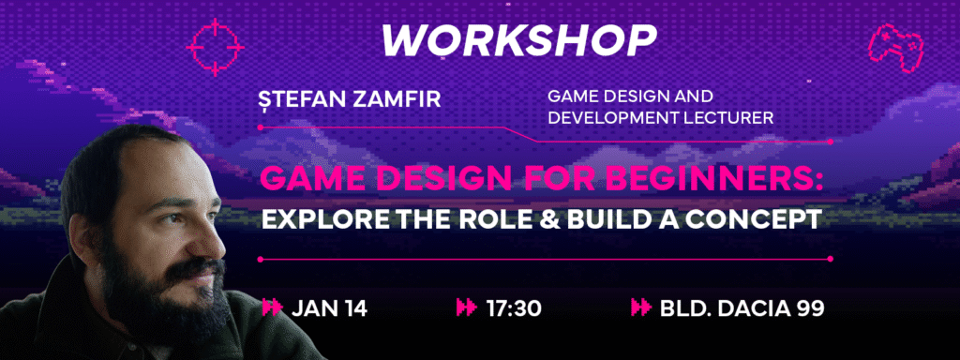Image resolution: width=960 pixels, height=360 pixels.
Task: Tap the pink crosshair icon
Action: click(x=215, y=47)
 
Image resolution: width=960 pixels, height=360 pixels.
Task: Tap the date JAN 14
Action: click(x=329, y=308)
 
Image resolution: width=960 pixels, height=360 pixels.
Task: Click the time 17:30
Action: click(x=514, y=308)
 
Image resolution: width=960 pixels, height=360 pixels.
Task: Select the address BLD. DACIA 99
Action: click(x=742, y=308)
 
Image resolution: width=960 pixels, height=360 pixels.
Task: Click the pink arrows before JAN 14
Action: click(x=272, y=307)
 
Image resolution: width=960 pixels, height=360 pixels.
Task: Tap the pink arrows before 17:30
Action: click(x=467, y=307)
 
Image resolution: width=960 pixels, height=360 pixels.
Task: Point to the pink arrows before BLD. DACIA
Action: click(x=640, y=307)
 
